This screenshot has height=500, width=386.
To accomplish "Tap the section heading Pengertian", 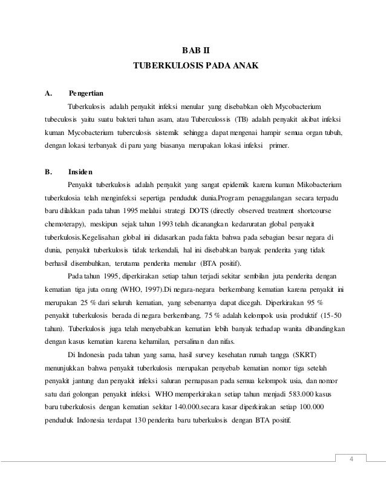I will [86, 93].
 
